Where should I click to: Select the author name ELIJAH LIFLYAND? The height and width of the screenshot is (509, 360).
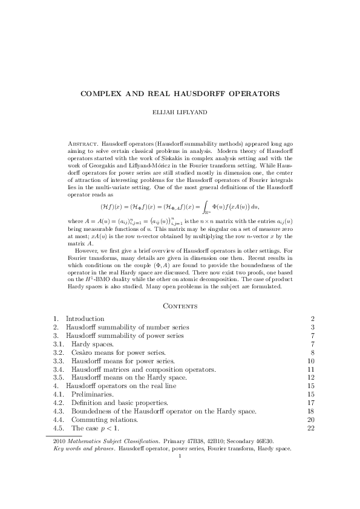(180, 112)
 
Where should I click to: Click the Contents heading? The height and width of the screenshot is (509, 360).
(180, 306)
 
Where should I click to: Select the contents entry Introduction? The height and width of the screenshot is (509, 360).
(85, 319)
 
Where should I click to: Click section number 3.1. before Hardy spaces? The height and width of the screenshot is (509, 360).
(59, 344)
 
